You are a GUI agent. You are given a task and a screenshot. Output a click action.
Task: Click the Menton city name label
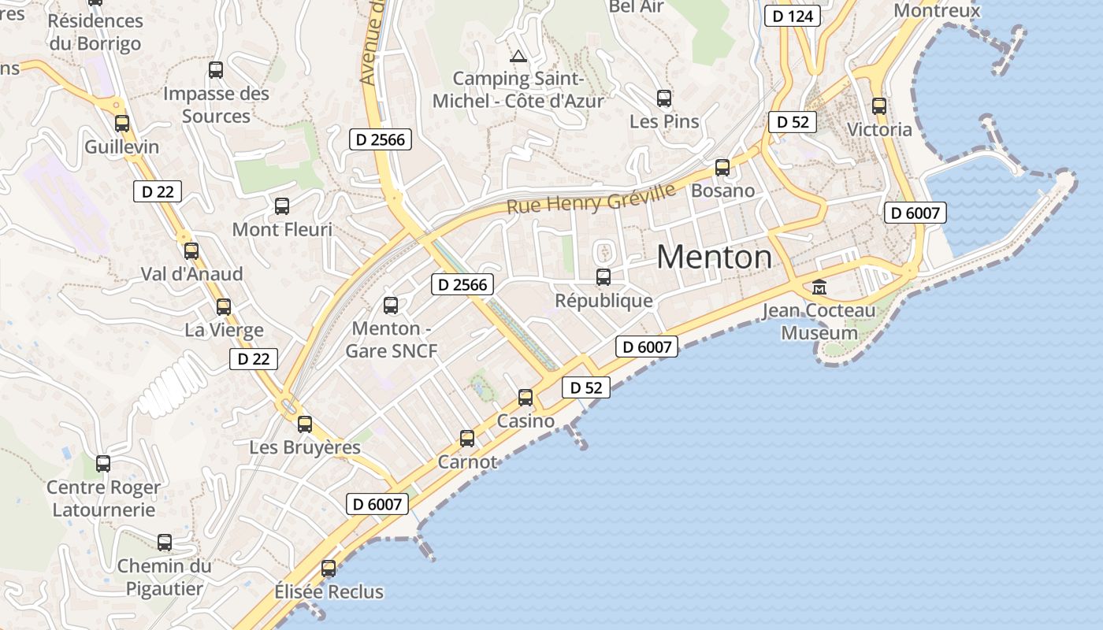(x=714, y=258)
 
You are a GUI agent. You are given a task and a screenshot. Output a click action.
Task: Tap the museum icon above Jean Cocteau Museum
(x=819, y=287)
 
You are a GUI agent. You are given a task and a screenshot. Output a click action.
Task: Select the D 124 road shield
(x=793, y=16)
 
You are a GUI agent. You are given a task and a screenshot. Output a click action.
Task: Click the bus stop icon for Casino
(x=526, y=398)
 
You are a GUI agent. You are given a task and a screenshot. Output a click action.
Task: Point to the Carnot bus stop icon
(x=467, y=438)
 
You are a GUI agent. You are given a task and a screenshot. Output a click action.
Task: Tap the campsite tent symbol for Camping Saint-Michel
(x=518, y=56)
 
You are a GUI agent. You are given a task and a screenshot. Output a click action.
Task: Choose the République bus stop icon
(x=603, y=276)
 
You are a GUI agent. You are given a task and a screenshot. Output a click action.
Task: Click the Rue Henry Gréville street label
(x=591, y=198)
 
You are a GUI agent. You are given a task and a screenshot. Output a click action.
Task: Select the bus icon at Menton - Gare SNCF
(x=391, y=305)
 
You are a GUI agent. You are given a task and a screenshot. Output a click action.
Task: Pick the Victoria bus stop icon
(x=879, y=106)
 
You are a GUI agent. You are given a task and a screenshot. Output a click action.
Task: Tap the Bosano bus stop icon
(x=722, y=167)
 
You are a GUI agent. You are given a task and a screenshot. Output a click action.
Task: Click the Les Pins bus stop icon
(x=664, y=98)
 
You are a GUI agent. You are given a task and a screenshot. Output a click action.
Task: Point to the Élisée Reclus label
(x=329, y=591)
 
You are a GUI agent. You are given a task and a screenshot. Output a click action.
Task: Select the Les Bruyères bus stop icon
(x=305, y=424)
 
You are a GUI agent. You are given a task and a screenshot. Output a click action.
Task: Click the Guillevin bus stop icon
(x=122, y=123)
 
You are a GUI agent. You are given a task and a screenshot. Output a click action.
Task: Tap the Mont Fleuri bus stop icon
(x=282, y=206)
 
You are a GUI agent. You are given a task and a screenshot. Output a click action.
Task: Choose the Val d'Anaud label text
(x=191, y=274)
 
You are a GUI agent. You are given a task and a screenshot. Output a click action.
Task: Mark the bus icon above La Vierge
(x=224, y=306)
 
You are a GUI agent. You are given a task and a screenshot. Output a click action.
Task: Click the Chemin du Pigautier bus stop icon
(x=165, y=542)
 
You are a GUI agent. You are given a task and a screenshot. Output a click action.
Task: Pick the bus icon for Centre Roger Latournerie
(x=103, y=463)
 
